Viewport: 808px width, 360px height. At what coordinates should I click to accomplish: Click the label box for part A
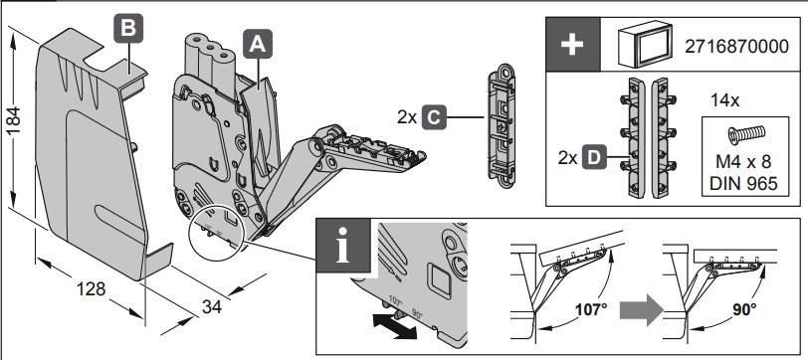[257, 44]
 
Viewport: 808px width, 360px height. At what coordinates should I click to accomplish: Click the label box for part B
[127, 28]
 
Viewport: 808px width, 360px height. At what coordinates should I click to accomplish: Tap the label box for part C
[433, 117]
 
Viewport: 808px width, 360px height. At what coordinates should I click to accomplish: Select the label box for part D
[594, 157]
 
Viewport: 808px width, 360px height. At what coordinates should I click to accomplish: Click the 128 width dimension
[91, 288]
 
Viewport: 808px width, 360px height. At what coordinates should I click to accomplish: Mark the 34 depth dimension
[211, 307]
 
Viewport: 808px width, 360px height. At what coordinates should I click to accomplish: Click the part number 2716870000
[736, 47]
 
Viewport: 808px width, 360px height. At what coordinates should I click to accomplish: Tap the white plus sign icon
[572, 45]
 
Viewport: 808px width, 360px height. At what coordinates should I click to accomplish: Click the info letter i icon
[342, 246]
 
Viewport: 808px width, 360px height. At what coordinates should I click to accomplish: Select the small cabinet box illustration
[645, 45]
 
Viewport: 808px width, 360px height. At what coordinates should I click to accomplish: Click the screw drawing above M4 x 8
[746, 135]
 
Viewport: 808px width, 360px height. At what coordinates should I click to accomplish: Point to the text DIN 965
[743, 183]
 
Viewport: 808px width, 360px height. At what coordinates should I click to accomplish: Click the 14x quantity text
[725, 100]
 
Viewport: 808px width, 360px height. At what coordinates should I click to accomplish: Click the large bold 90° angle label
[744, 309]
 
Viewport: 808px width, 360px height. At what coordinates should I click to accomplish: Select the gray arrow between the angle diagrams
[641, 310]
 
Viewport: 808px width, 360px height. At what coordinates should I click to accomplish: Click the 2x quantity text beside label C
[407, 117]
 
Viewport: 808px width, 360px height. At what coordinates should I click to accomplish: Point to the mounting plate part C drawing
[501, 125]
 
